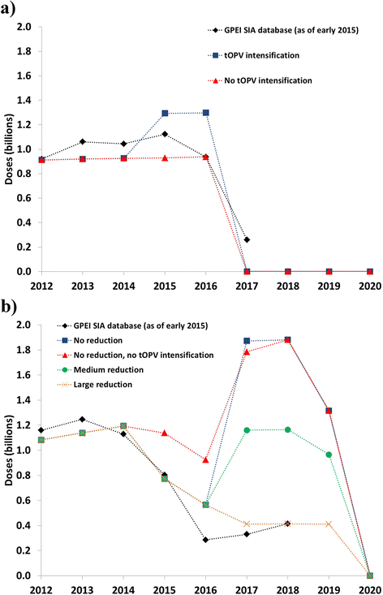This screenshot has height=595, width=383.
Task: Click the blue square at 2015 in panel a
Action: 165,113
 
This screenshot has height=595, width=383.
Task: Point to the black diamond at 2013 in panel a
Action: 82,141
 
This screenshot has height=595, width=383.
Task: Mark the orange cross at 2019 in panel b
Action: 329,524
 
